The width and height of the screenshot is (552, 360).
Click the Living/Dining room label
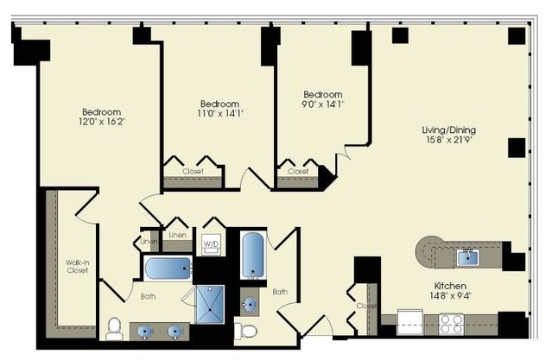click(450, 130)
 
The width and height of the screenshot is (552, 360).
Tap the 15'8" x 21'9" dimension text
click(450, 141)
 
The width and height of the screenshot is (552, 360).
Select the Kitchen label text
click(451, 286)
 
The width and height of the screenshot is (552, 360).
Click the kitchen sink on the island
click(467, 254)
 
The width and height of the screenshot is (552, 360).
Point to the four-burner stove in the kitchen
click(451, 323)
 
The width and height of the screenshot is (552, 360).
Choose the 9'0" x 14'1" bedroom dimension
click(322, 104)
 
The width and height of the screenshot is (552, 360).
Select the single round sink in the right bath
click(249, 304)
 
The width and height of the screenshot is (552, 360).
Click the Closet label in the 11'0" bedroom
click(193, 172)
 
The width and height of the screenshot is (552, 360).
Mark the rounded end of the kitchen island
click(426, 253)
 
